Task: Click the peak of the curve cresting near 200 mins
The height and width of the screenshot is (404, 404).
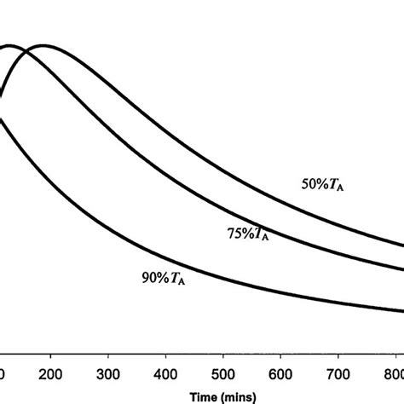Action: tap(42, 45)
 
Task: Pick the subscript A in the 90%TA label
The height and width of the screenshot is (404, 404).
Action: tap(180, 281)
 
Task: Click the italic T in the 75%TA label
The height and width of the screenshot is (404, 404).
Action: tap(255, 230)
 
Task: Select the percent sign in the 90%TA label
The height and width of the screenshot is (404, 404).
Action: tap(159, 278)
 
